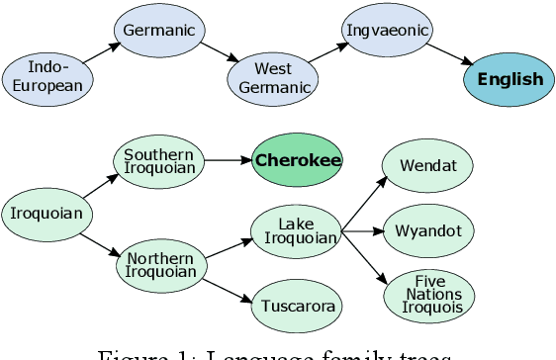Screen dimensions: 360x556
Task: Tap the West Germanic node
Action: pyautogui.click(x=273, y=77)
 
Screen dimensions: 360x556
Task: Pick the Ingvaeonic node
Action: pyautogui.click(x=388, y=31)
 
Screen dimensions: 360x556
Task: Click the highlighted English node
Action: pyautogui.click(x=510, y=80)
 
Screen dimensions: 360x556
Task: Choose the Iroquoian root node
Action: pyautogui.click(x=46, y=212)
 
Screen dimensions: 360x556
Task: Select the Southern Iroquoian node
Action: pyautogui.click(x=159, y=161)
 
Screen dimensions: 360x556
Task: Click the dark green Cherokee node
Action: pyautogui.click(x=298, y=160)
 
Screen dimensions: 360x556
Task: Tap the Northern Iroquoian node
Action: pyautogui.click(x=161, y=265)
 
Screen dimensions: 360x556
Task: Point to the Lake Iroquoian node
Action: pyautogui.click(x=296, y=231)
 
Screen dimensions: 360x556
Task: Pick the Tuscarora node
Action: pyautogui.click(x=298, y=305)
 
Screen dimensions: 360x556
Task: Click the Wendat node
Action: pyautogui.click(x=428, y=165)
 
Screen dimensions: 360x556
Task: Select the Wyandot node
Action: pyautogui.click(x=428, y=231)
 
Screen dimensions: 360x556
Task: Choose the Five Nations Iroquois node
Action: pyautogui.click(x=430, y=295)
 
